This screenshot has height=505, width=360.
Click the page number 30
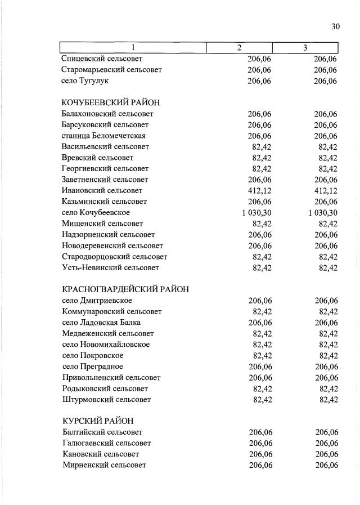(336, 26)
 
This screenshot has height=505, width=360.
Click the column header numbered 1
(133, 48)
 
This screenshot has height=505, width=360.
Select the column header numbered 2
(239, 48)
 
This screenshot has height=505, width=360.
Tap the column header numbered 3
(305, 48)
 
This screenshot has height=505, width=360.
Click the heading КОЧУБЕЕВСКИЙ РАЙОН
(111, 102)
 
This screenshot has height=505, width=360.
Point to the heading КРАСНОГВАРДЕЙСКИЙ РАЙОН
(125, 289)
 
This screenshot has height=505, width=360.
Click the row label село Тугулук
(85, 81)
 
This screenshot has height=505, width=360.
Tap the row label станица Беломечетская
(103, 136)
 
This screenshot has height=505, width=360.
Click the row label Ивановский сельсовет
(102, 190)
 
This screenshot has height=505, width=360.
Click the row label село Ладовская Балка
(101, 323)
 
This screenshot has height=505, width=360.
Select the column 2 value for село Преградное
(260, 367)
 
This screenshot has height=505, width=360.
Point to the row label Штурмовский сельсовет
(106, 399)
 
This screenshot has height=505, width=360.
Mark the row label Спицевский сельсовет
(102, 59)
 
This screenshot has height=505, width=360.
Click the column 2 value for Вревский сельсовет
(262, 158)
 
